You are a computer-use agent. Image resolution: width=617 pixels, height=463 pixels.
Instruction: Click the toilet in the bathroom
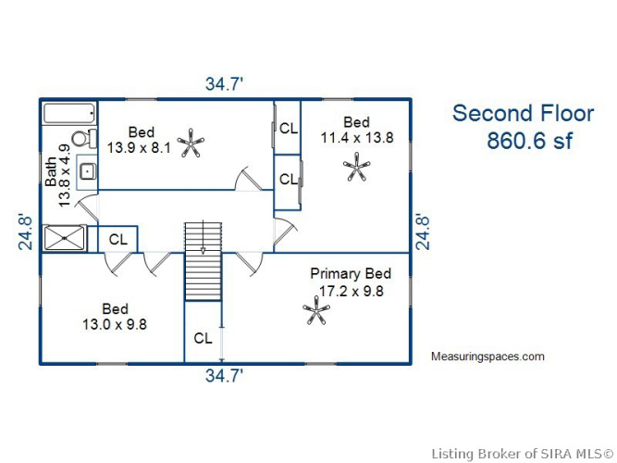84,138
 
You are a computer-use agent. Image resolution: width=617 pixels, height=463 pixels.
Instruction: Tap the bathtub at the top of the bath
69,114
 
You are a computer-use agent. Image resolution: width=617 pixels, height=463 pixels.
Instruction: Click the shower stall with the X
64,238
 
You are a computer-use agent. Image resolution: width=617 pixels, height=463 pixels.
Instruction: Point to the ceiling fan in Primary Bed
316,310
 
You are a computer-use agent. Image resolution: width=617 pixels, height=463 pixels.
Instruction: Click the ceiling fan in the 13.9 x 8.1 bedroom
191,143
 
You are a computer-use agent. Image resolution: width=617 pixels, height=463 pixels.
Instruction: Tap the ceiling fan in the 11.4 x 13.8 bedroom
356,167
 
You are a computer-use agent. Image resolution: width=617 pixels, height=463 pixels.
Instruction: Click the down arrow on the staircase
203,237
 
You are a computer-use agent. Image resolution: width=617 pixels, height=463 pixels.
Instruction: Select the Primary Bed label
351,273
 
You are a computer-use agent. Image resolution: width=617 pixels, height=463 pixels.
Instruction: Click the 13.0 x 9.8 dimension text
115,324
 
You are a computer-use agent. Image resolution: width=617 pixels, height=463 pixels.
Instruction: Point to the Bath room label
51,172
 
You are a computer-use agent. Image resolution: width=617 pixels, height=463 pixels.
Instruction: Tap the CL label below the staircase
203,338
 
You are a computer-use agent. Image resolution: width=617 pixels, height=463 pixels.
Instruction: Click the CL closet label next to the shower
118,239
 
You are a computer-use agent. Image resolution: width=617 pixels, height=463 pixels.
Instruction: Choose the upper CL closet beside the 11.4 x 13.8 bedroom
289,128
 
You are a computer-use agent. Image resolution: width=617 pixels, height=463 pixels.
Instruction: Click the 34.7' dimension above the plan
224,84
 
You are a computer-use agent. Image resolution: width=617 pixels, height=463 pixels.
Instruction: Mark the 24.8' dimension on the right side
423,232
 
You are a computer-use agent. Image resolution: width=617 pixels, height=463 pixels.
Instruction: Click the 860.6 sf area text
530,141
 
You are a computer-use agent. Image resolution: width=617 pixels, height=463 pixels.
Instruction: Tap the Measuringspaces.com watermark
487,357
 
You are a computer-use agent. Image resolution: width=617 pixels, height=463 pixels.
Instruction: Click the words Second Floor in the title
523,114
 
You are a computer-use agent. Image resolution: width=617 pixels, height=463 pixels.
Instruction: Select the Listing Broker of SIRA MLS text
522,454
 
